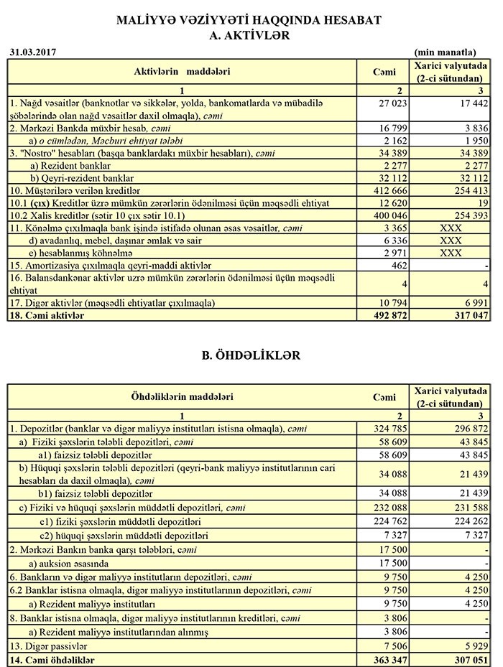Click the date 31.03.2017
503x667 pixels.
[x=32, y=52]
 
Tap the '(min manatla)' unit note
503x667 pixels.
[x=445, y=52]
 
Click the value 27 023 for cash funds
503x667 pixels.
[x=382, y=103]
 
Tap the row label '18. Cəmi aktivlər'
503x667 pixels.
[x=47, y=314]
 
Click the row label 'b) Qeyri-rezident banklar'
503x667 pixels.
[x=82, y=177]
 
